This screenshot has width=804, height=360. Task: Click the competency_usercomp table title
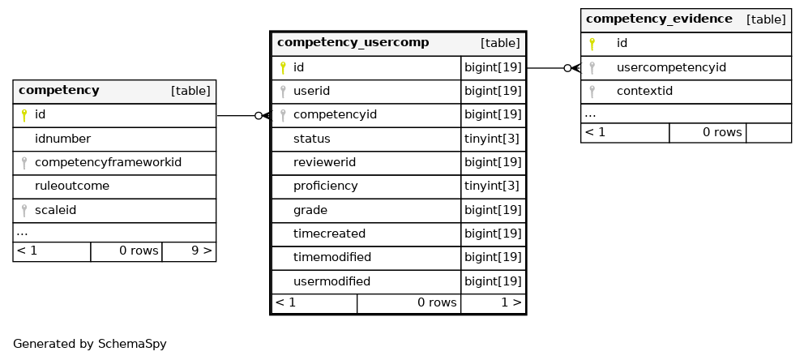click(353, 42)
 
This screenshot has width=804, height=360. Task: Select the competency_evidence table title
click(659, 19)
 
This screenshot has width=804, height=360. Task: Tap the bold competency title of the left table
click(59, 90)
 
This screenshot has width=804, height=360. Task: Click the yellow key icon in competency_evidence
click(592, 44)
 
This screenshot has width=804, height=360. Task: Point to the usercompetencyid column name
click(671, 67)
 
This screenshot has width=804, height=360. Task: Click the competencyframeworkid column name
click(108, 162)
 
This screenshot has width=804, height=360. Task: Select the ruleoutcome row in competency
click(72, 186)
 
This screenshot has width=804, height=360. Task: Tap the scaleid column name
click(55, 210)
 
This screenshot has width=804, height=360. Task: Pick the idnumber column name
click(62, 139)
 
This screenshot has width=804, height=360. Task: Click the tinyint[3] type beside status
click(492, 139)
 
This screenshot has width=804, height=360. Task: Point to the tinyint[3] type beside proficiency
click(492, 186)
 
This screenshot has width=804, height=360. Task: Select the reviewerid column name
click(324, 162)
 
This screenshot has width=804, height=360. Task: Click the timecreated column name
click(329, 234)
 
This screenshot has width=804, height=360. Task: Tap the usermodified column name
click(331, 281)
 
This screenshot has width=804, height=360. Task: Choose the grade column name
click(310, 210)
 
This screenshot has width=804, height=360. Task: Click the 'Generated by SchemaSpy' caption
click(90, 344)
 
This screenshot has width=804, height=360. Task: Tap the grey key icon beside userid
click(283, 92)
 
